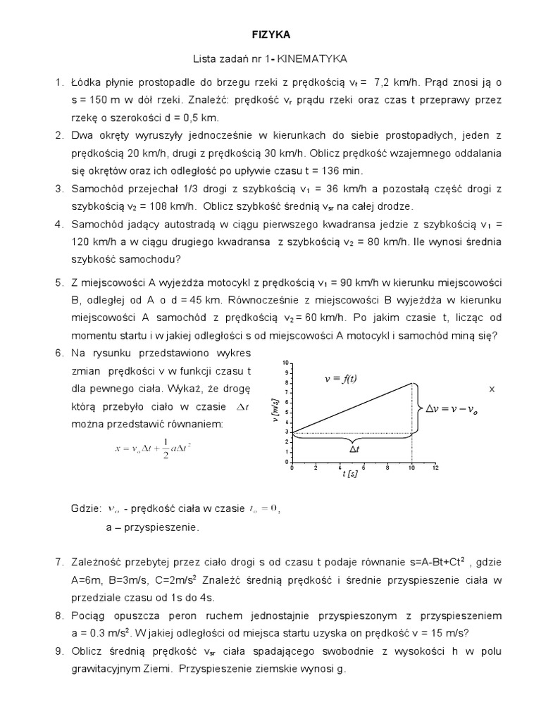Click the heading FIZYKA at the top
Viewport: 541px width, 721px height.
[271, 33]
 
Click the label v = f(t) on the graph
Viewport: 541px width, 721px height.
[340, 378]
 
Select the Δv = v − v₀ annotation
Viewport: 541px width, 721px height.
[460, 408]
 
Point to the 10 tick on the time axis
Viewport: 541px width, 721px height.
[412, 468]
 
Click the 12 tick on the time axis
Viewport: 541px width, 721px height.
[435, 468]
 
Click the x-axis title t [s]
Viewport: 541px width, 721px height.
[350, 475]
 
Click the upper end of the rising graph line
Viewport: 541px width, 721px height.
[412, 383]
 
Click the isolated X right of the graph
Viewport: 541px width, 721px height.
[492, 389]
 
